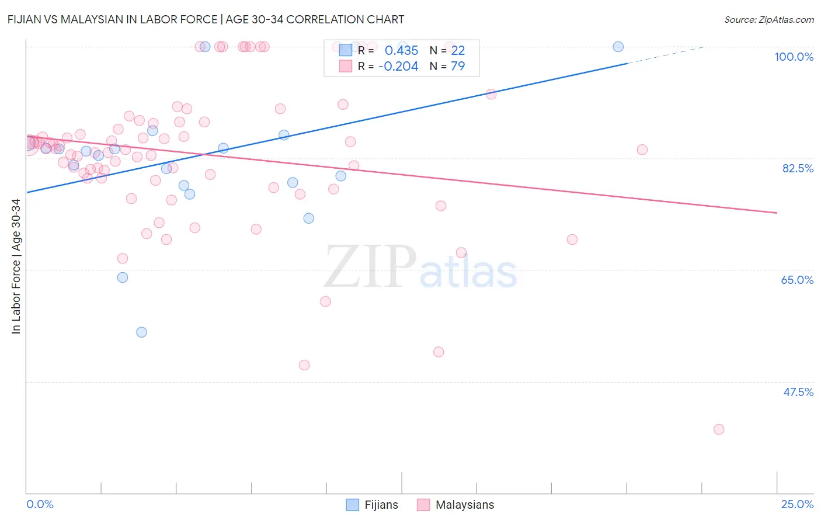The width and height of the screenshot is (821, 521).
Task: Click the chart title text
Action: [206, 19]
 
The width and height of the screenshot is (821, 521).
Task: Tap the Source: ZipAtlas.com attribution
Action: [768, 19]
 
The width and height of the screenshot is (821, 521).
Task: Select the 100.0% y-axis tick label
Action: [794, 57]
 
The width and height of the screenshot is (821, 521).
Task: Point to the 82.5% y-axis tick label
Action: [798, 168]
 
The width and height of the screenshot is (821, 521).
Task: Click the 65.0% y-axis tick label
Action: [797, 280]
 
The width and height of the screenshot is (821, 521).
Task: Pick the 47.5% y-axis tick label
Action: [798, 392]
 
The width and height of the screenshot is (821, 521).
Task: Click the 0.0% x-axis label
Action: [40, 504]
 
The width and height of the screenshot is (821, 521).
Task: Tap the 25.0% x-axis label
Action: [797, 504]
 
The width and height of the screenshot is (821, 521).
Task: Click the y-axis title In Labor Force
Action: [16, 266]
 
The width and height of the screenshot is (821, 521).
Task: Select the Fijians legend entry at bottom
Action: [373, 505]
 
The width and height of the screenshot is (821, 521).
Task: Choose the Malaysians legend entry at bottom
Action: [456, 505]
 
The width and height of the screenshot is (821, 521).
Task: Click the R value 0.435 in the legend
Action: [401, 51]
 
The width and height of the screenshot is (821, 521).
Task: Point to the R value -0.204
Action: [398, 67]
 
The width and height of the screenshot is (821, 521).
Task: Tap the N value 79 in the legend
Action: [458, 67]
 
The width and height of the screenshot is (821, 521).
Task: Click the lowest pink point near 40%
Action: [719, 429]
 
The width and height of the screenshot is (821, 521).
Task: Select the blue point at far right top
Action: [618, 47]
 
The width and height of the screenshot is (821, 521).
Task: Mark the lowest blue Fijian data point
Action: [141, 332]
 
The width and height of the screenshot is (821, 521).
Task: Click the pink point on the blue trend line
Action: [491, 94]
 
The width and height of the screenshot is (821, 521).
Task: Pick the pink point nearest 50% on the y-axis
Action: [304, 365]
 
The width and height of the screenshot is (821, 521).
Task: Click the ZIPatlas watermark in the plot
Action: [420, 268]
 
